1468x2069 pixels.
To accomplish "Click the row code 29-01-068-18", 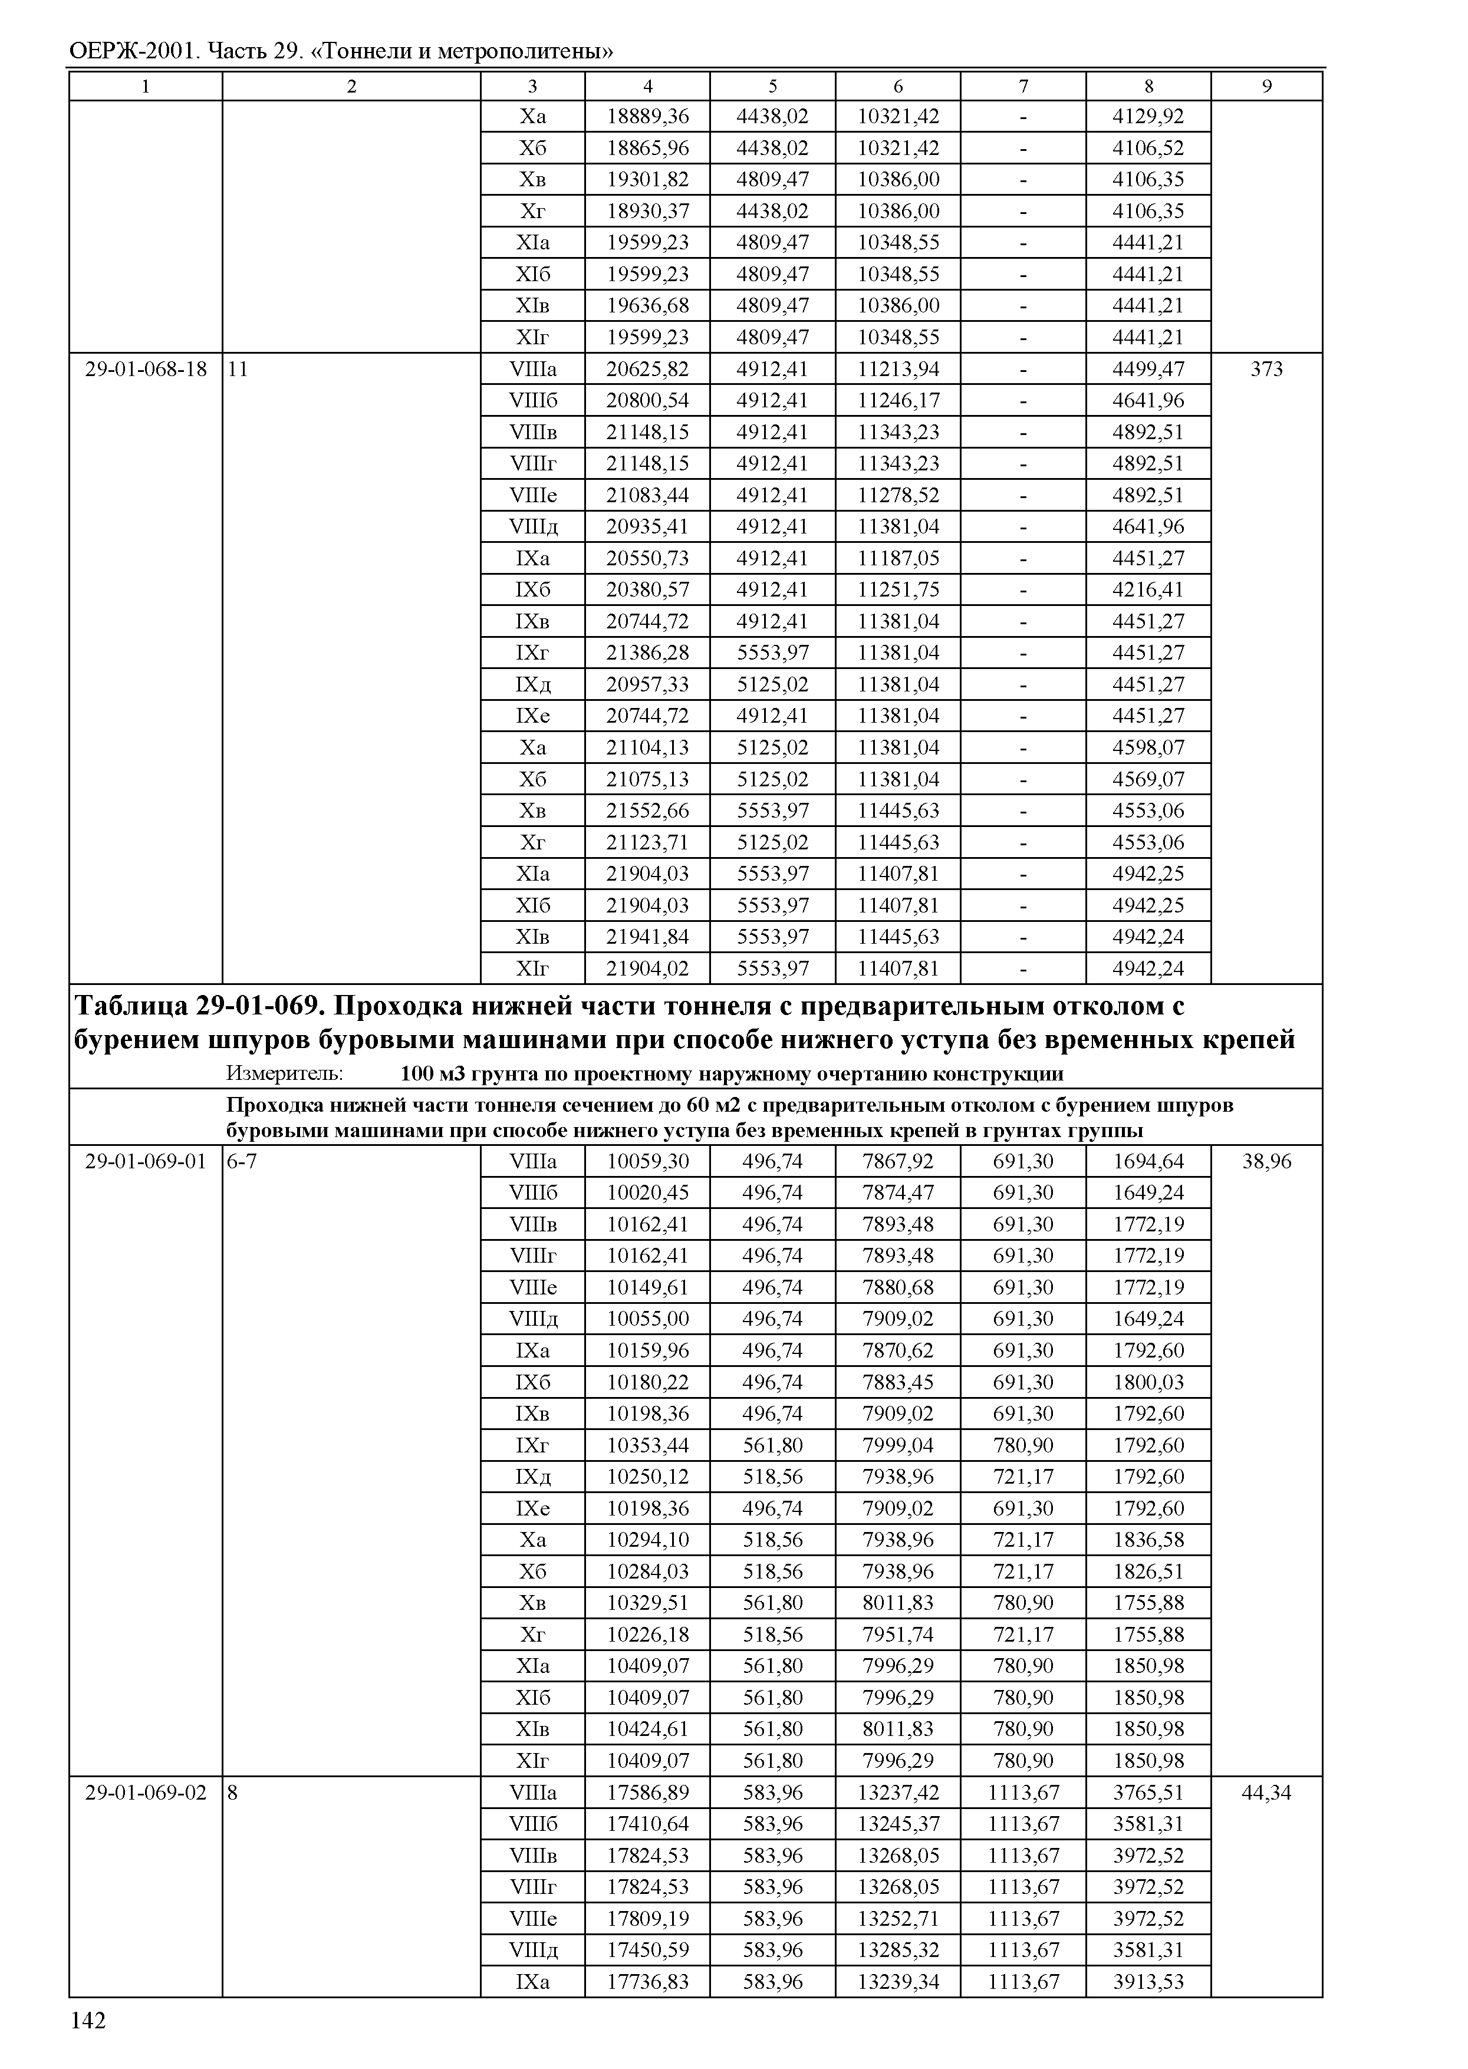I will [x=146, y=369].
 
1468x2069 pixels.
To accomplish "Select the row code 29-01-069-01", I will [x=146, y=1161].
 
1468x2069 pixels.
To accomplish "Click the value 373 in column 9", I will [x=1266, y=369].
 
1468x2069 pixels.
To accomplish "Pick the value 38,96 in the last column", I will [x=1266, y=1161].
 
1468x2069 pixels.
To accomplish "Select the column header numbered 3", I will [x=532, y=87].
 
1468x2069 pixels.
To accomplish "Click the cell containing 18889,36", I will [x=647, y=117].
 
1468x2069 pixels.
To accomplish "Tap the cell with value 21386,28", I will [x=647, y=653].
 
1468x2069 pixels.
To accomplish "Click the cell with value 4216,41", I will [x=1147, y=589].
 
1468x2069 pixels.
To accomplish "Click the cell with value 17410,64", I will [x=647, y=1823].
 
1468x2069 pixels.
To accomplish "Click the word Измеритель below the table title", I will [x=284, y=1074].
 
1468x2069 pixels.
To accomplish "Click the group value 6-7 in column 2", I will [x=241, y=1161].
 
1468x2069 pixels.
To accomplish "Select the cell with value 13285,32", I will [x=898, y=1950].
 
